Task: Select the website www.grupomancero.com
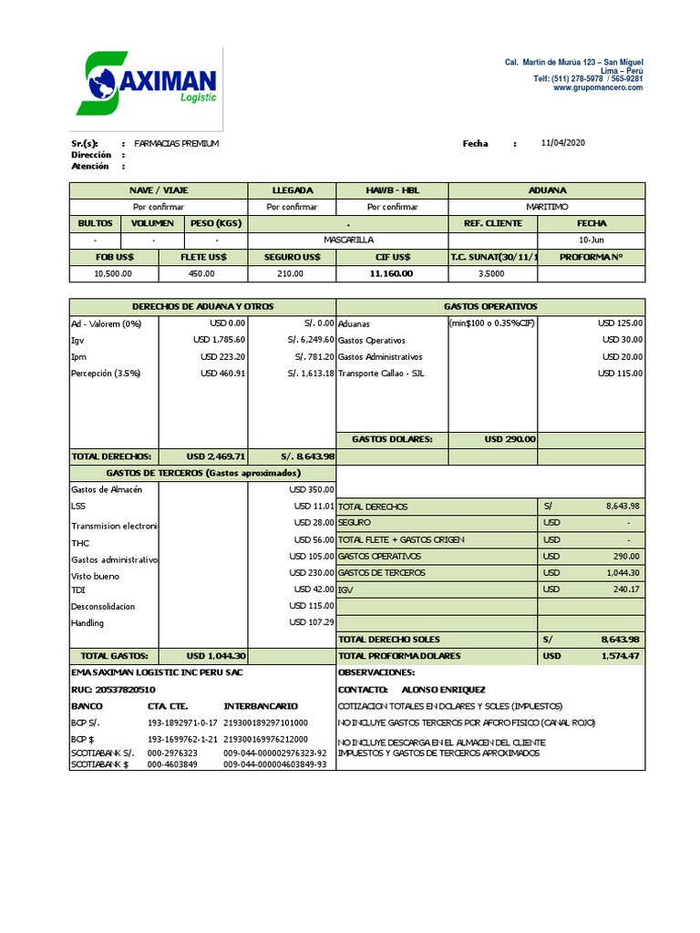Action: (x=598, y=88)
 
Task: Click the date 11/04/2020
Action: (x=562, y=143)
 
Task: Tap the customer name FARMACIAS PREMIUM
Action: (x=176, y=144)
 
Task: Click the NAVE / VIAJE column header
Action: (x=159, y=190)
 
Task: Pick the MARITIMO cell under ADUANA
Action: (x=547, y=207)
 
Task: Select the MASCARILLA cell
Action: (x=348, y=240)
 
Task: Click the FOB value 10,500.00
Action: (x=114, y=272)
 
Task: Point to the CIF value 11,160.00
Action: (x=391, y=272)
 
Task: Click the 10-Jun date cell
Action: (x=591, y=240)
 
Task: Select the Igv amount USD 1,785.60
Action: (x=220, y=340)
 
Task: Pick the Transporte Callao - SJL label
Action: (x=381, y=373)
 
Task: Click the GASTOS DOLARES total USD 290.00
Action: (x=510, y=439)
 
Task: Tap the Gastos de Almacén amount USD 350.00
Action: (x=312, y=489)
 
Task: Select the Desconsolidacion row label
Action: (x=103, y=606)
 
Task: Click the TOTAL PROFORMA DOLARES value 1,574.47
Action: (x=620, y=656)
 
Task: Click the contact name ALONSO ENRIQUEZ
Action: (x=444, y=690)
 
